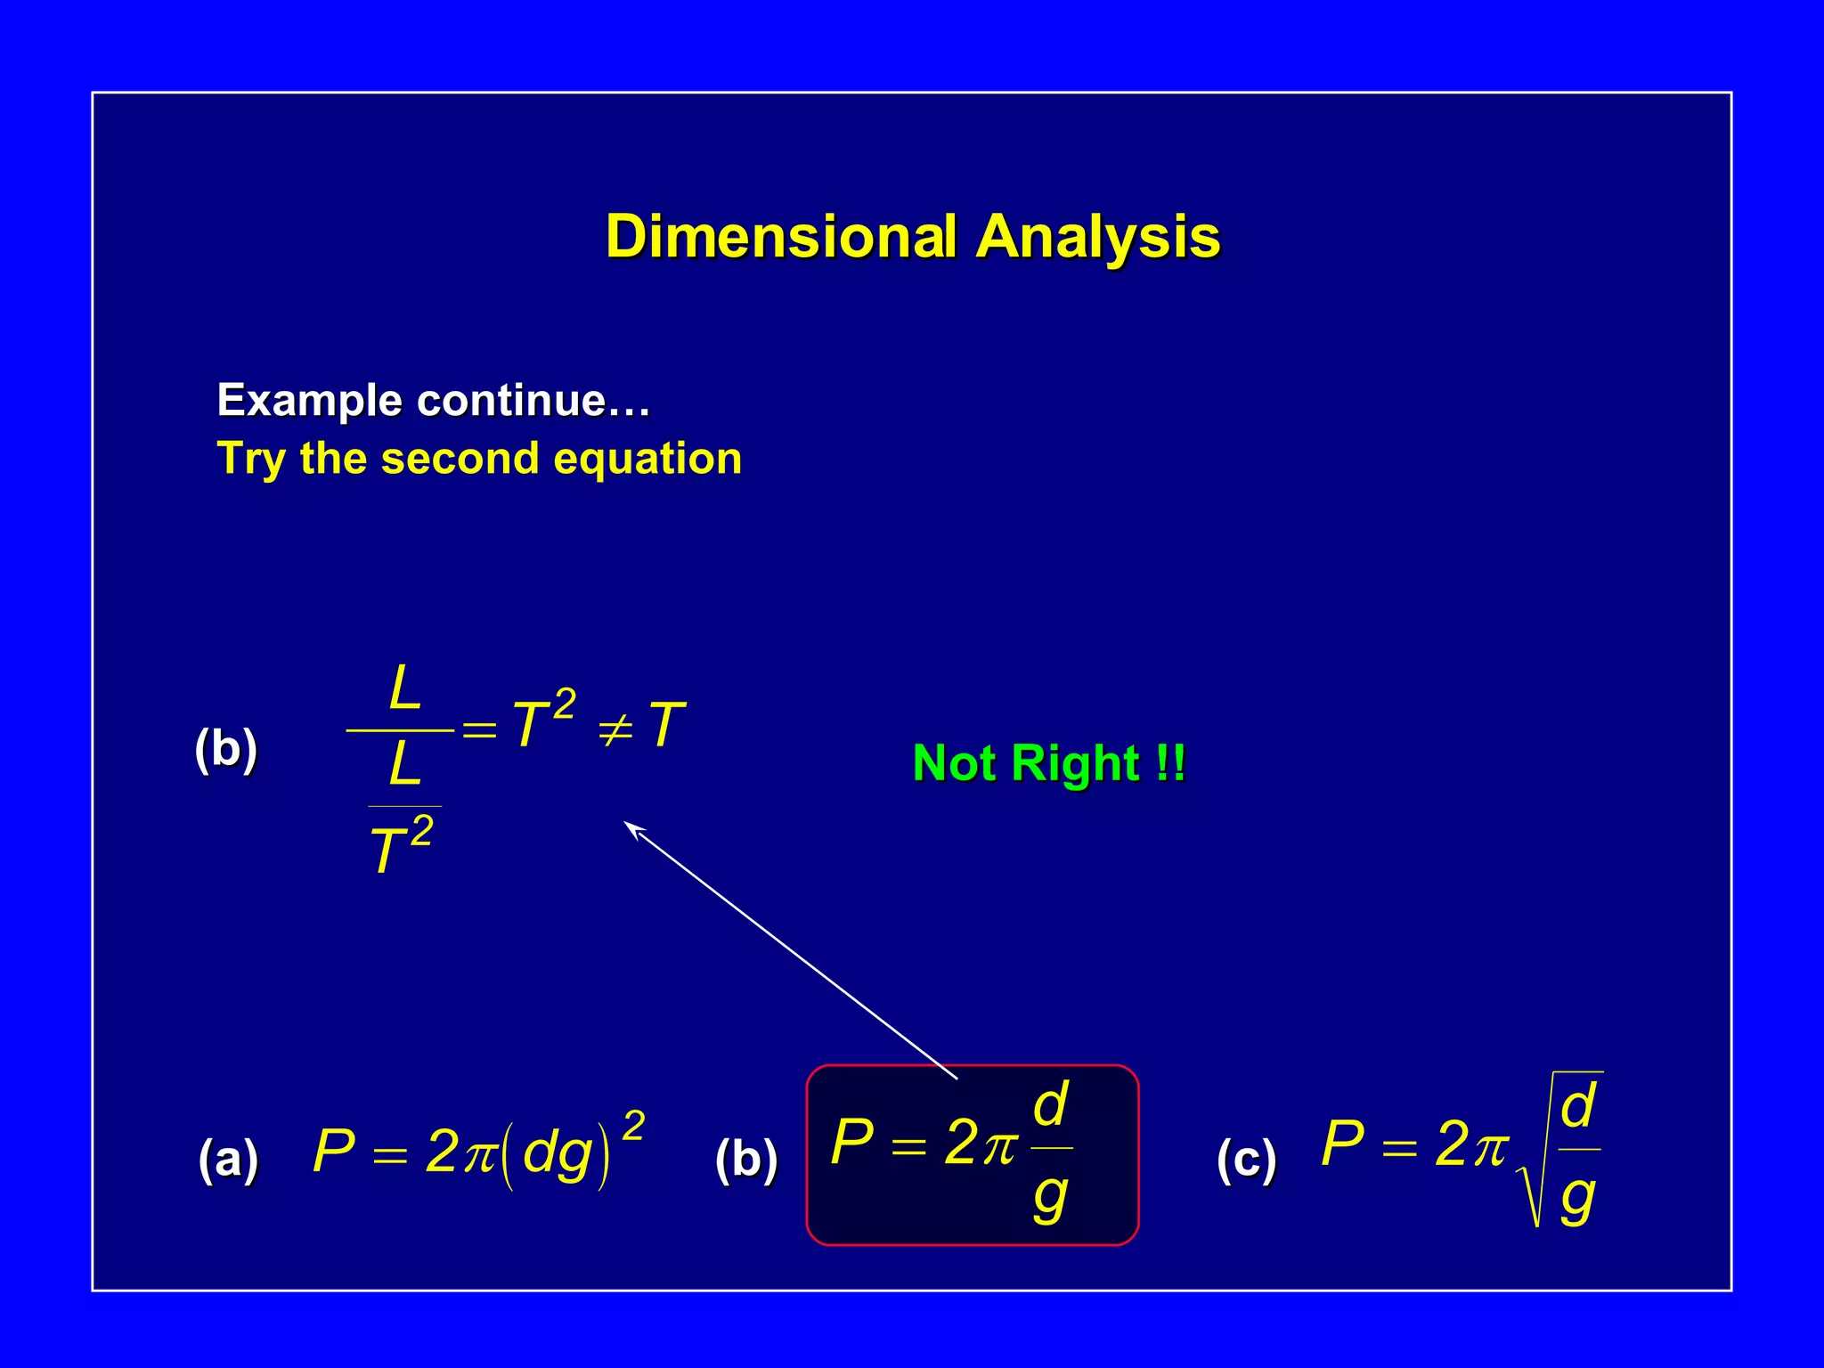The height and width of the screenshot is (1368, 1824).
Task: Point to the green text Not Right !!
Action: pos(1048,763)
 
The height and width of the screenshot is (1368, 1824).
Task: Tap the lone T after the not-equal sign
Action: pos(666,725)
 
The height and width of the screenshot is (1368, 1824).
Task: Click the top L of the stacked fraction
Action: pos(404,688)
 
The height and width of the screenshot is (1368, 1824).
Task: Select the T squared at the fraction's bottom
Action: pos(400,845)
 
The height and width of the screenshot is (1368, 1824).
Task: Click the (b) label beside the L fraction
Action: pos(226,748)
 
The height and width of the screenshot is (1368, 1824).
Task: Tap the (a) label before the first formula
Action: pos(229,1160)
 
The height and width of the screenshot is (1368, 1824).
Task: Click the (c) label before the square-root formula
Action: pos(1247,1160)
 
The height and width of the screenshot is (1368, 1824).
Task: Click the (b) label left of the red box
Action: pos(746,1160)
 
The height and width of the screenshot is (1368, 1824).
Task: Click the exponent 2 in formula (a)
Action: pos(633,1126)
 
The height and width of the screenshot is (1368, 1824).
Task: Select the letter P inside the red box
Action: pos(851,1143)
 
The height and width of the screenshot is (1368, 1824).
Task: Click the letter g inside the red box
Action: pos(1050,1198)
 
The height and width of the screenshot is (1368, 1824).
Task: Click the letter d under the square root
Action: pos(1578,1106)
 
